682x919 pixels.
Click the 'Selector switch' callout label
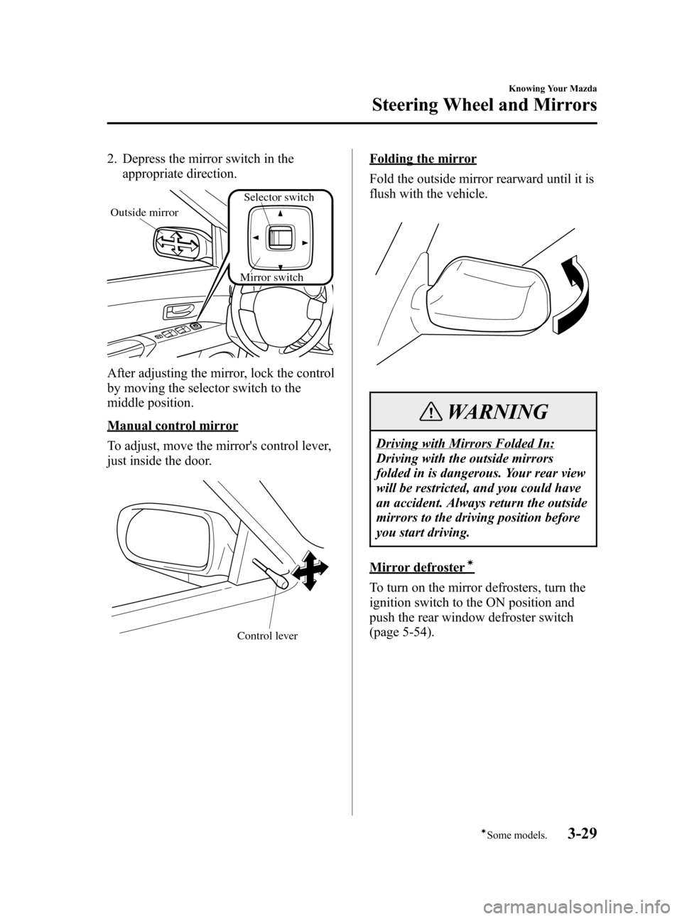pos(278,197)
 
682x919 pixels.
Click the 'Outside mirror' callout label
pos(144,213)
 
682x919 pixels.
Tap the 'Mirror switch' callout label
pos(271,277)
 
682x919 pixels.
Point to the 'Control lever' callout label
pos(267,635)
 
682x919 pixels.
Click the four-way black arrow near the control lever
pos(310,571)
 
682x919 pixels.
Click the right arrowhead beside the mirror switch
pos(304,242)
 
